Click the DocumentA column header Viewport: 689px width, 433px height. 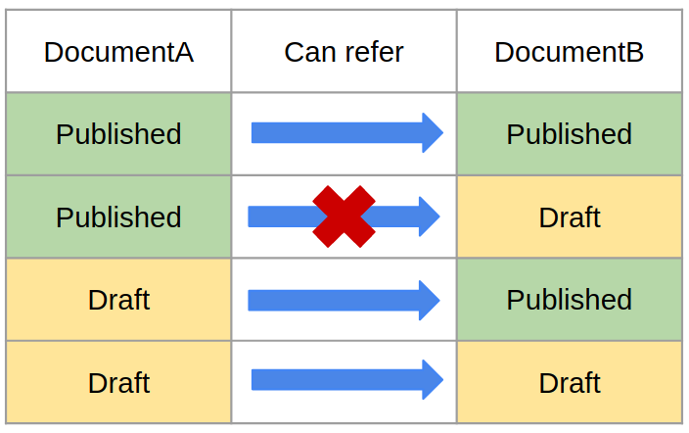tap(118, 52)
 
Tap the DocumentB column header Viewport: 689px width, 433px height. tap(569, 52)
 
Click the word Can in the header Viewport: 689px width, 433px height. tap(311, 52)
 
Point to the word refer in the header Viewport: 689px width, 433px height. tap(375, 52)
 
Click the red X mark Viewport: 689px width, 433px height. tap(344, 216)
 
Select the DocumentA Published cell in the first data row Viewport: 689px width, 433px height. tap(118, 134)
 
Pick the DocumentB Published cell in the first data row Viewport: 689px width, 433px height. tap(569, 134)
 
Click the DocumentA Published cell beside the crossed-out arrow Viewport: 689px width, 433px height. tap(118, 216)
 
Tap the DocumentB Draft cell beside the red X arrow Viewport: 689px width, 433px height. tap(569, 216)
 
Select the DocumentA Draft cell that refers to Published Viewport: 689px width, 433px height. tap(118, 300)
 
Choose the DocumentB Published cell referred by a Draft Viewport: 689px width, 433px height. tap(569, 300)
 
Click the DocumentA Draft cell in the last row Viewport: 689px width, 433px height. tap(118, 382)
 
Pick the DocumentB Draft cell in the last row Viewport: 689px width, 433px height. tap(569, 382)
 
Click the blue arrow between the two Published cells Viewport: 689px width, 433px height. tap(347, 133)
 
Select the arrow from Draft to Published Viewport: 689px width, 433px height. tap(344, 301)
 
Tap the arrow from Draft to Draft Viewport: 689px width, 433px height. tap(347, 380)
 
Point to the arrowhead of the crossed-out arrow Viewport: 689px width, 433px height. tap(430, 216)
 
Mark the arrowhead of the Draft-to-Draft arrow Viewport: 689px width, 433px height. tap(433, 380)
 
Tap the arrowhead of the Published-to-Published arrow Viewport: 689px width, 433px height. tap(433, 133)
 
